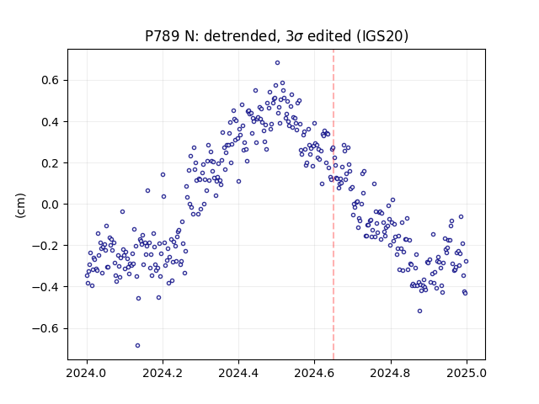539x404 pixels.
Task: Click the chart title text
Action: coord(276,36)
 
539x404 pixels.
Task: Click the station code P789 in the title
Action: coord(162,36)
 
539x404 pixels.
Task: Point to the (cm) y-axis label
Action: coord(20,205)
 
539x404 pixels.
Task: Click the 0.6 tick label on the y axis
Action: coord(51,81)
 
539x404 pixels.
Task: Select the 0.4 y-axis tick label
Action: coord(51,122)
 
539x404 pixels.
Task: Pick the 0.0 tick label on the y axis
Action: coord(51,205)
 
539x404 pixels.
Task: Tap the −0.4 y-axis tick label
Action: coord(45,287)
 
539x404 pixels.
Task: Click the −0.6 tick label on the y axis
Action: coord(45,328)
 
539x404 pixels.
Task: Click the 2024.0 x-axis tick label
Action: coord(87,373)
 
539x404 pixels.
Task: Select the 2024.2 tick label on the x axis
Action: coord(163,373)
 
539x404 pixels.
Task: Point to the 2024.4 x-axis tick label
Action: coord(238,373)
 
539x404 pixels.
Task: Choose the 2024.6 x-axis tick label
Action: coord(314,373)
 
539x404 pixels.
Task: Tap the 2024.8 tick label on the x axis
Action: coord(391,373)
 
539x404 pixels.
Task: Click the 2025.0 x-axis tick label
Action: coord(467,373)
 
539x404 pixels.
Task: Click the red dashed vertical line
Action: coord(334,205)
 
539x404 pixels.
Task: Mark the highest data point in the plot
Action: coord(277,63)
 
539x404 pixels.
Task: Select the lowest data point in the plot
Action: coord(137,346)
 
